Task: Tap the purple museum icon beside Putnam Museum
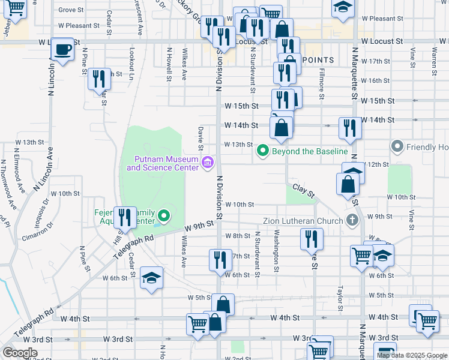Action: click(208, 162)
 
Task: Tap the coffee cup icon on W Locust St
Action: click(62, 49)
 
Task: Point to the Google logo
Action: click(20, 353)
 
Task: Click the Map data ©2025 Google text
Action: click(412, 355)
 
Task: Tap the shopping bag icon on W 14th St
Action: click(281, 127)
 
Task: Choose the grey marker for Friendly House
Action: click(397, 146)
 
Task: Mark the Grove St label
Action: click(71, 10)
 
